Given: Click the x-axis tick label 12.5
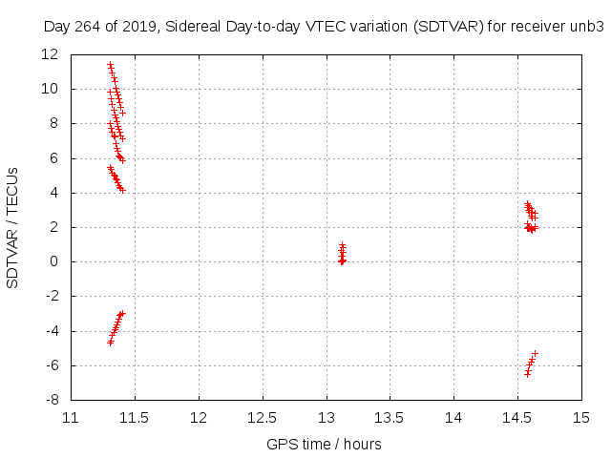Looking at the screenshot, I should (x=263, y=418).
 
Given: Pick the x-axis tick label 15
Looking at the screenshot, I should (x=581, y=418).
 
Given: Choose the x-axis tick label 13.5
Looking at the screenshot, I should (x=390, y=418).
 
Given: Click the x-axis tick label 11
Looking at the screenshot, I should (x=72, y=418).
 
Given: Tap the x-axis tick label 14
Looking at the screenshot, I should (x=453, y=418).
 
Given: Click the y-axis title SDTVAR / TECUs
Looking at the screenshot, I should (x=13, y=227).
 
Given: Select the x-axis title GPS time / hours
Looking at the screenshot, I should (x=325, y=445).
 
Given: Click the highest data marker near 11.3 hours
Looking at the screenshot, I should (x=110, y=65).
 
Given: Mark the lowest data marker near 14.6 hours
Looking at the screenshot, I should (x=527, y=374).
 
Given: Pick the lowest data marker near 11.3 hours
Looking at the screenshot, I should (x=111, y=342).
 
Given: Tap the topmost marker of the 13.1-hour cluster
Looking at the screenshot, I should (x=342, y=244).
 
